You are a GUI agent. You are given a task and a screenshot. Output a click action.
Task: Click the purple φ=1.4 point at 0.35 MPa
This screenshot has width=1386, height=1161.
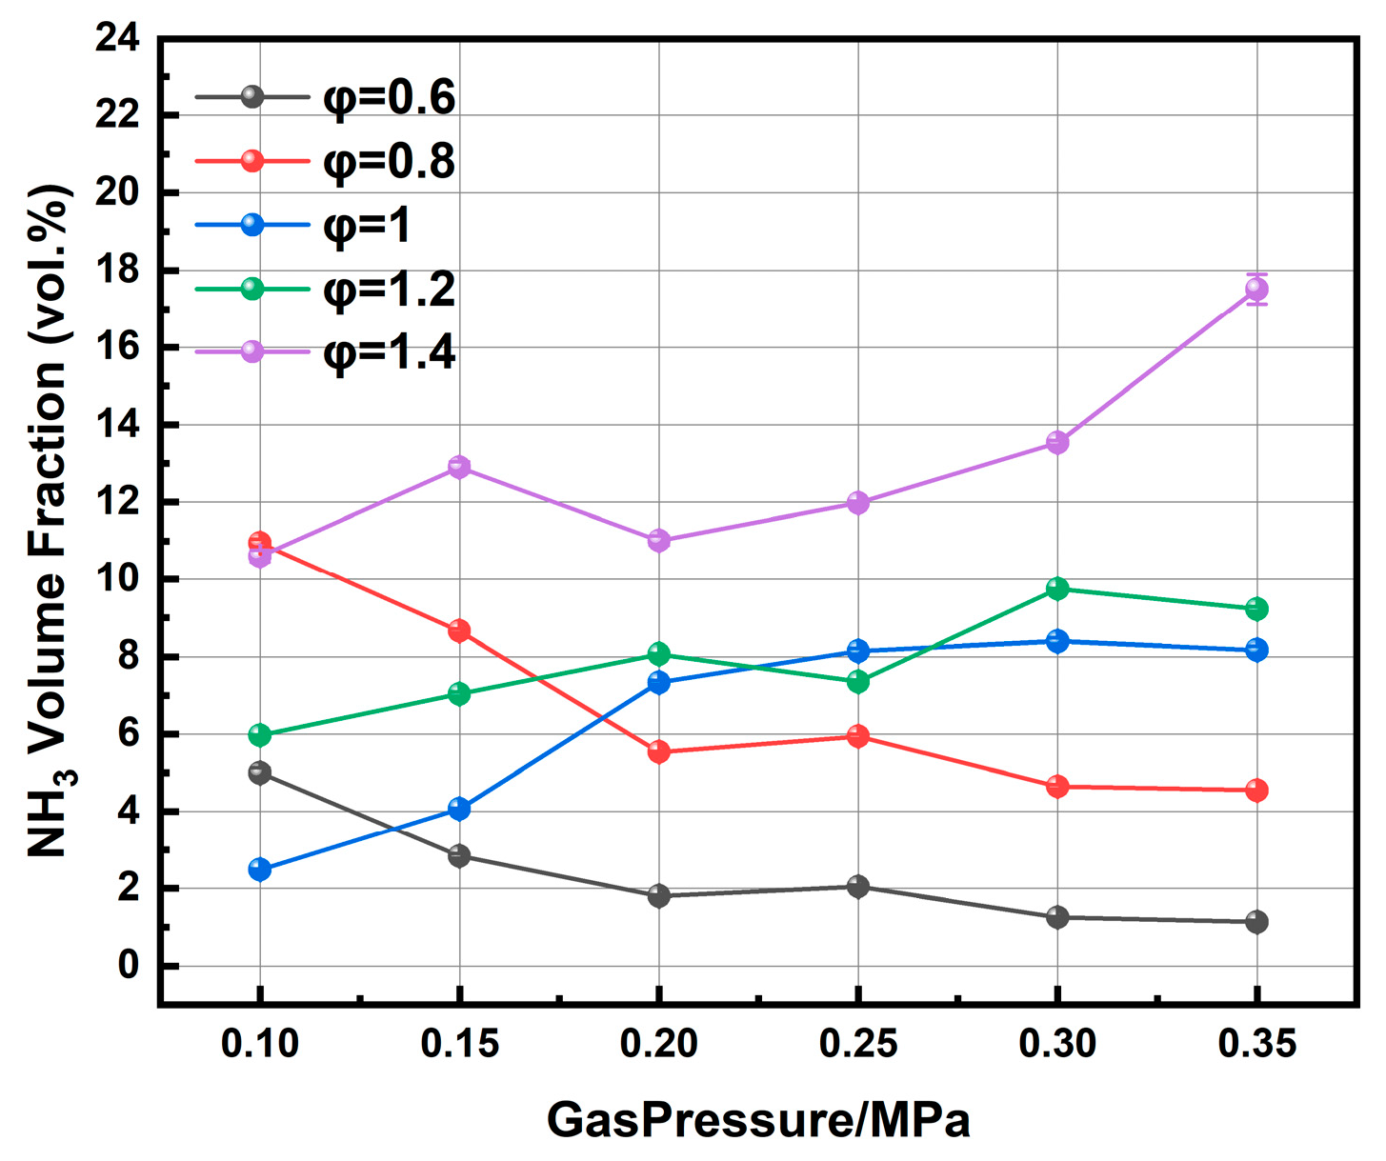1256,289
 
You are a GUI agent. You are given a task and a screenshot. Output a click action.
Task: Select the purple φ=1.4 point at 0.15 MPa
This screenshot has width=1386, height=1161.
459,466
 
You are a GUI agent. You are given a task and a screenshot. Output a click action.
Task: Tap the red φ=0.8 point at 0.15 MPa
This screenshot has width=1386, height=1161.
459,631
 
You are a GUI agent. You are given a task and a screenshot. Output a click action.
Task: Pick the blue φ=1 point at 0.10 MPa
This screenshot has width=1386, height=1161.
260,869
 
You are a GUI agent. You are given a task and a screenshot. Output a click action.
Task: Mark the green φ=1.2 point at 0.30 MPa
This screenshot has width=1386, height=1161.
1057,589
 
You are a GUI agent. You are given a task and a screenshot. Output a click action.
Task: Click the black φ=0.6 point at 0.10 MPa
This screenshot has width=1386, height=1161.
260,772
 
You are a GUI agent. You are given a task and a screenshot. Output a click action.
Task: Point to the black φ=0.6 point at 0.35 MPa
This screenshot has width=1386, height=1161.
1256,921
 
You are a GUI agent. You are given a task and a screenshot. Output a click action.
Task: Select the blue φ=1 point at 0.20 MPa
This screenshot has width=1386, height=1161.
658,682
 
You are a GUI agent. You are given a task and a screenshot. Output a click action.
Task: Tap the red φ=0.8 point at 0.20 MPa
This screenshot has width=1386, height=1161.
658,751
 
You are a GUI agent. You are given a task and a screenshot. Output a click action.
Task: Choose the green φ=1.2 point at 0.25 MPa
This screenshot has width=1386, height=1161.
858,682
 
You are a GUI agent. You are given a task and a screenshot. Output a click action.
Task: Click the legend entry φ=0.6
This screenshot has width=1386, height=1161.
389,98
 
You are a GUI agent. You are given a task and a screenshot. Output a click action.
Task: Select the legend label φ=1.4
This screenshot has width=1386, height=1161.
389,352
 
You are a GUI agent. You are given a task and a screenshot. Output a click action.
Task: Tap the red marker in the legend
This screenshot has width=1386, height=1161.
252,160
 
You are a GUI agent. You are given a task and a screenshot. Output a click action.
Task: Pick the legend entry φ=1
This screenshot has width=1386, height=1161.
367,226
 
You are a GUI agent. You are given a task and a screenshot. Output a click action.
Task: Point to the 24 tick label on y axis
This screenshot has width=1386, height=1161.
117,38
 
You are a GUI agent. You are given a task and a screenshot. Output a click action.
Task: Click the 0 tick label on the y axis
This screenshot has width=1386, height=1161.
129,966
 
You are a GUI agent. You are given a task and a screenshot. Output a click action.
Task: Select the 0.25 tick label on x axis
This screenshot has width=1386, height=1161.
858,1044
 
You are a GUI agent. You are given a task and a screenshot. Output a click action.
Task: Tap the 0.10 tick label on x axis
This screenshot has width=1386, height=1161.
260,1044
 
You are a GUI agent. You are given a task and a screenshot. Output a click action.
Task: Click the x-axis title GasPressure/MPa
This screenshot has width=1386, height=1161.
758,1120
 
